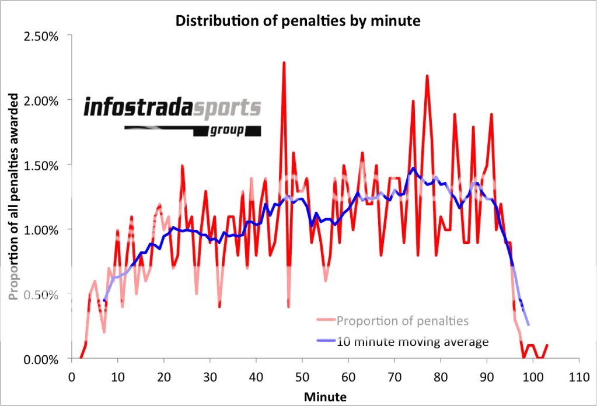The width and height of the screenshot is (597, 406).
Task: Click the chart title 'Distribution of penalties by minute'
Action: tap(298, 22)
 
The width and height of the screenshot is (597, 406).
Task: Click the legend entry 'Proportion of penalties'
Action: tap(402, 320)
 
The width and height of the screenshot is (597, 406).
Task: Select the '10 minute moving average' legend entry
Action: tap(412, 341)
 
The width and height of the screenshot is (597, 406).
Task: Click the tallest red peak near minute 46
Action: tap(284, 63)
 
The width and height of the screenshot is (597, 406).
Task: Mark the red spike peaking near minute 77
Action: tap(427, 76)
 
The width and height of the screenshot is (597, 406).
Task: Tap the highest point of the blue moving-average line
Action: tap(413, 168)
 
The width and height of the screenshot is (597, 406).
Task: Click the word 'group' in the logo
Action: tap(228, 130)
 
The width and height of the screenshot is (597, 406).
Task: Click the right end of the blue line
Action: tap(528, 324)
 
